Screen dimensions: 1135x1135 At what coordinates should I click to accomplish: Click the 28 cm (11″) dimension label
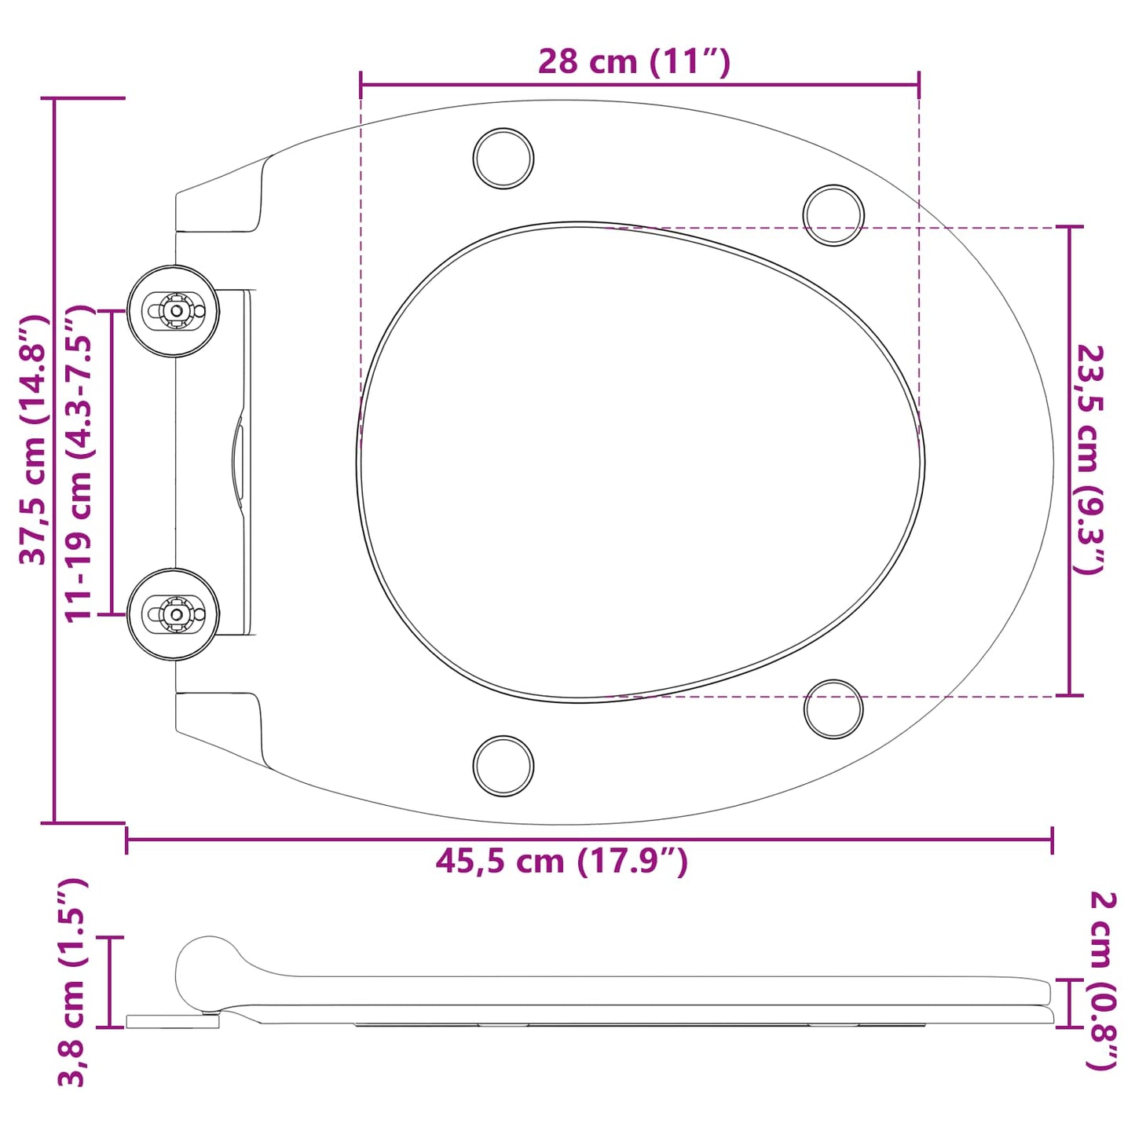[x=634, y=61]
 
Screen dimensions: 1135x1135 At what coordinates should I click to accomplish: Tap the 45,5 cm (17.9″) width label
[x=562, y=862]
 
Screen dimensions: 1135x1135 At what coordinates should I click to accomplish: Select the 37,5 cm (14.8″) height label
[x=34, y=440]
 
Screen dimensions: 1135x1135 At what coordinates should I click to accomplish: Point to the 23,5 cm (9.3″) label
[x=1090, y=459]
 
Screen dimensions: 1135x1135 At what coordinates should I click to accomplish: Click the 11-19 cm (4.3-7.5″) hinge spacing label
[x=79, y=463]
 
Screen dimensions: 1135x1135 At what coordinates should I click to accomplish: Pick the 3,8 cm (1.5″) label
[x=72, y=982]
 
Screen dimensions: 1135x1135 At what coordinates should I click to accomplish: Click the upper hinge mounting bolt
[x=174, y=311]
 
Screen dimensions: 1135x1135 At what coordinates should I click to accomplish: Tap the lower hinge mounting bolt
[x=174, y=614]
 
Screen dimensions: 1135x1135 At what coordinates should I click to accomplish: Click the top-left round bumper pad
[x=503, y=159]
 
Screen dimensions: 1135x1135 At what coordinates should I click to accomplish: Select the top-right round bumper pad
[x=833, y=215]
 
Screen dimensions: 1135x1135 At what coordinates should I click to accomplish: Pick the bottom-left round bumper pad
[x=503, y=766]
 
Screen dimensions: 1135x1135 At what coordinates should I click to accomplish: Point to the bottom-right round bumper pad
[x=833, y=709]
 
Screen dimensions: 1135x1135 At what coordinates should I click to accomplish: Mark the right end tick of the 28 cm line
[x=918, y=84]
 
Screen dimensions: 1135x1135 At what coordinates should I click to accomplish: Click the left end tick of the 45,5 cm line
[x=127, y=840]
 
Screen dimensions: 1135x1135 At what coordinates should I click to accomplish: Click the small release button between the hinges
[x=237, y=463]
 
